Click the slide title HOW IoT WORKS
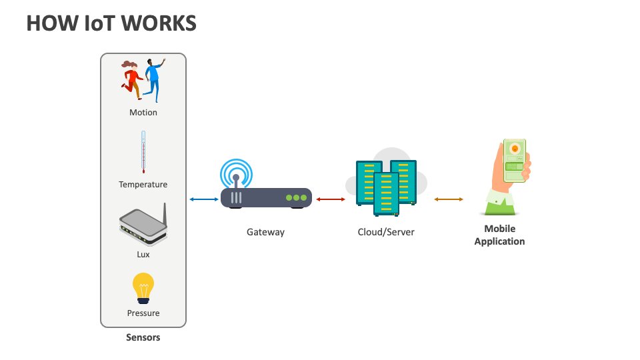click(x=111, y=23)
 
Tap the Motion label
click(x=143, y=113)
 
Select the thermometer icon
click(x=143, y=151)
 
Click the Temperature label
click(x=143, y=184)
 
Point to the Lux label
click(x=143, y=254)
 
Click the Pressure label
click(x=143, y=313)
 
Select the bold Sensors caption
click(x=143, y=337)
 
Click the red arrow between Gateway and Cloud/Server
click(x=330, y=199)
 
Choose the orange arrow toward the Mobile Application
click(x=449, y=199)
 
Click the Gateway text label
click(x=265, y=232)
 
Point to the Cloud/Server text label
click(x=386, y=232)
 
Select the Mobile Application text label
click(x=499, y=235)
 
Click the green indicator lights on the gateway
click(x=296, y=198)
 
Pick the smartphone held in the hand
click(x=514, y=160)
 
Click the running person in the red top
click(x=131, y=77)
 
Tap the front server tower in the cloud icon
click(x=386, y=193)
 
